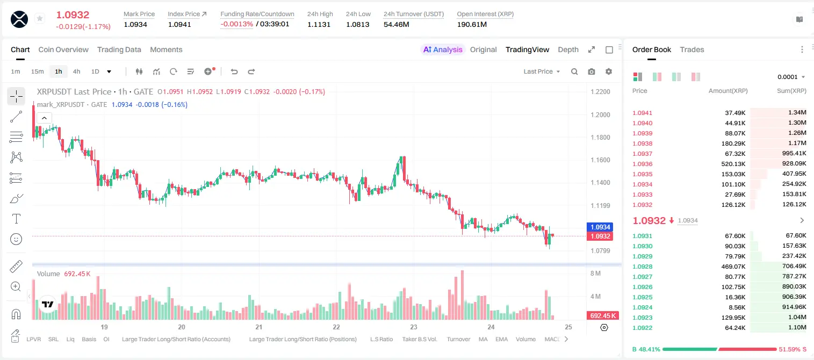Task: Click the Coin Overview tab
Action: (63, 49)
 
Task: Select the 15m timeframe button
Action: (37, 71)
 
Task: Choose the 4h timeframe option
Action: (76, 71)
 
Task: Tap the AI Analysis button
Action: (443, 49)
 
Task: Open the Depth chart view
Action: (568, 49)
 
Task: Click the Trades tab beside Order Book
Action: (692, 49)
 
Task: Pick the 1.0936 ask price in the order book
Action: (642, 164)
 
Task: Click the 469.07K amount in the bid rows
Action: (733, 267)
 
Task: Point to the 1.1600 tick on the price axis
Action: (600, 160)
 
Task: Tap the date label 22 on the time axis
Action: (336, 327)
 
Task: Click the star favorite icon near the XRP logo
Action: (40, 18)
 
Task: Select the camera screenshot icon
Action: (592, 71)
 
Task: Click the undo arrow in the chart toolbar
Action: (234, 71)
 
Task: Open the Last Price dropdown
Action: (542, 71)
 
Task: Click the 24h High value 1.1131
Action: (319, 24)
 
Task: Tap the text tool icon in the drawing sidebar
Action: (16, 219)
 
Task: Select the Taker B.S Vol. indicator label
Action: (419, 339)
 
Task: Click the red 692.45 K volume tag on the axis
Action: (603, 316)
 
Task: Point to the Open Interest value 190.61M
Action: (472, 24)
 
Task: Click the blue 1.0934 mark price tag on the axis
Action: (600, 227)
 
